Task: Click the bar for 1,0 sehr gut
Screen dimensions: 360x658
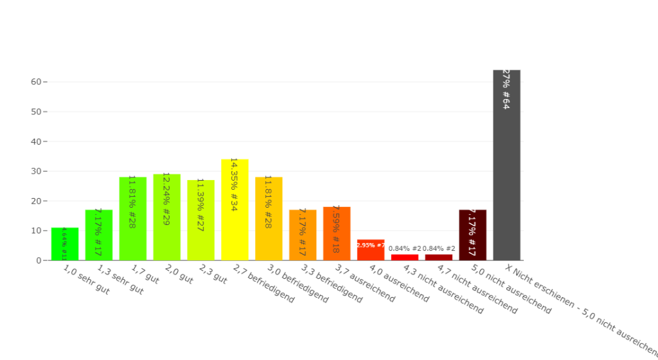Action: point(65,244)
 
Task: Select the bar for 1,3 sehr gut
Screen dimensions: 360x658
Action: point(99,235)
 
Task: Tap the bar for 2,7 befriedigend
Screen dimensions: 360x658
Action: point(235,210)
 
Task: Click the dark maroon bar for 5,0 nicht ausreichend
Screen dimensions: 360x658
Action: point(472,235)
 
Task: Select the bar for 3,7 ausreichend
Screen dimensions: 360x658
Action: point(337,233)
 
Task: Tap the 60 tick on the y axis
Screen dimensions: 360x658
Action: point(36,82)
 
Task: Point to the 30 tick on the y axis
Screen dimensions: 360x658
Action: point(36,171)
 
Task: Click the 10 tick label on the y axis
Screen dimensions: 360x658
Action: point(36,231)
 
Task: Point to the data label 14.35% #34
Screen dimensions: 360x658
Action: point(234,184)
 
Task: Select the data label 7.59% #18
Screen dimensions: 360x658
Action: point(336,229)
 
